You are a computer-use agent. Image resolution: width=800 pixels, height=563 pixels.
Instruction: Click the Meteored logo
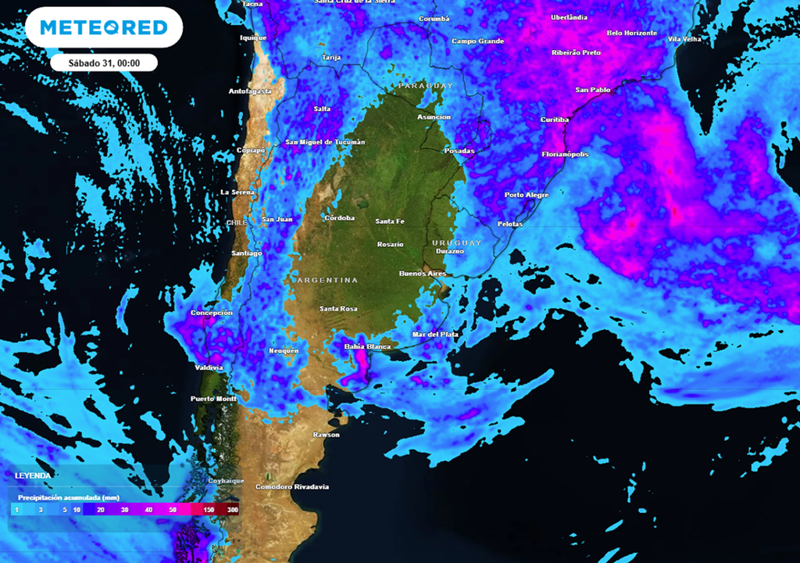point(104,27)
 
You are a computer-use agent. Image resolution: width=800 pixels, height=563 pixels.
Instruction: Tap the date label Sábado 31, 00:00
point(104,63)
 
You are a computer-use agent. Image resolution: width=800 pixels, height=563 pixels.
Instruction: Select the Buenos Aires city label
point(423,274)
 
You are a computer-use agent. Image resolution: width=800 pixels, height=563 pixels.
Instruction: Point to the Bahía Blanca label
point(367,346)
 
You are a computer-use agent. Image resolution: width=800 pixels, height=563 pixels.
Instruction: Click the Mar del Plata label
point(436,335)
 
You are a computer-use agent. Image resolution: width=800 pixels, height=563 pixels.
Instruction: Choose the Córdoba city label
point(339,217)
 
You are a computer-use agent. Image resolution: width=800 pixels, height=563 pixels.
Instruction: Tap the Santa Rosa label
point(338,309)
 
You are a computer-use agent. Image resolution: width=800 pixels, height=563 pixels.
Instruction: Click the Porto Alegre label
point(527,195)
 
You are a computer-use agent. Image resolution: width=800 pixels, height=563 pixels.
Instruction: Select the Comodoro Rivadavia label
point(292,487)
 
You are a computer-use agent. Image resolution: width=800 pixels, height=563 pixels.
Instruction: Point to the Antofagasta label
point(250,91)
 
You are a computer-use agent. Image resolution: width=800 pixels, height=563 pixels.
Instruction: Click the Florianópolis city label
point(565,154)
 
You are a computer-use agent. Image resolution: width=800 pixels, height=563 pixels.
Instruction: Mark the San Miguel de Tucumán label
point(325,142)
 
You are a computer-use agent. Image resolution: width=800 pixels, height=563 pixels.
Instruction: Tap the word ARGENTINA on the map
point(327,280)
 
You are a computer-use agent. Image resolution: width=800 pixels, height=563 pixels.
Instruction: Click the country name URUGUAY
point(457,242)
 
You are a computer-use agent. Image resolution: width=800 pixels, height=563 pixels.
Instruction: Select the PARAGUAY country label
point(426,85)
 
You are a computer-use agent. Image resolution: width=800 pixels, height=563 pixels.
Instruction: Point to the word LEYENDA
point(33,475)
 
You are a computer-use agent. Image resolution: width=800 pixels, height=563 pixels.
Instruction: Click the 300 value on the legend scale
point(233,509)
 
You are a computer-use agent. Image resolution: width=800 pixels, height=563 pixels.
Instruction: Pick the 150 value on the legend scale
point(209,509)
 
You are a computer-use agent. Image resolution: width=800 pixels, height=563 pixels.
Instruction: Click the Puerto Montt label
point(213,399)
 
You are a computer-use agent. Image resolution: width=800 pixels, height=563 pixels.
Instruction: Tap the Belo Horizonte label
point(633,33)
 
